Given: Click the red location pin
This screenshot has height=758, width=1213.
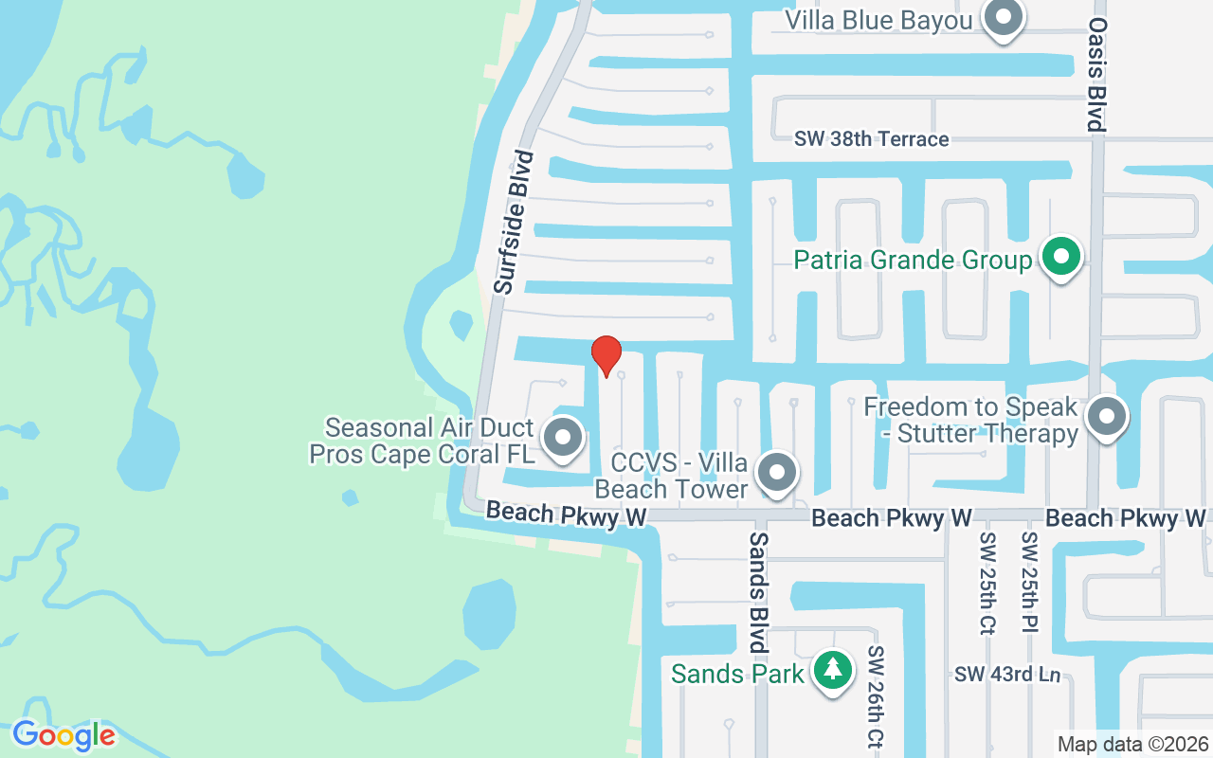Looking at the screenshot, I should tap(606, 355).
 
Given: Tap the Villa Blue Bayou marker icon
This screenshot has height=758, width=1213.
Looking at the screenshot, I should tap(1002, 18).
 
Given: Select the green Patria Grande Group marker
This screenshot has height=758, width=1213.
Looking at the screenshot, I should tap(1062, 257).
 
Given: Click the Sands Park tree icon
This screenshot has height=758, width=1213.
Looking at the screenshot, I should tap(833, 670).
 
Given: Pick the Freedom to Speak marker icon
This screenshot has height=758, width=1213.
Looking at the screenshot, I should tap(1106, 417).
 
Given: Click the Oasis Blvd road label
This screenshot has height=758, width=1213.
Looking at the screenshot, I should tap(1097, 74).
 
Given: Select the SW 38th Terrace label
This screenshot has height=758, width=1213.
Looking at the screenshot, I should tap(871, 139).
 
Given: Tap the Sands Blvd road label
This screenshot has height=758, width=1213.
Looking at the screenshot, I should tap(758, 591).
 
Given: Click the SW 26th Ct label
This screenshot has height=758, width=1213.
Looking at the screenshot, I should tap(875, 697).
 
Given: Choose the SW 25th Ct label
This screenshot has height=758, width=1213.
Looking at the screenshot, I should tap(987, 582).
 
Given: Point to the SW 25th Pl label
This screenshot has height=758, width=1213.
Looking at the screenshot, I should tap(1029, 582).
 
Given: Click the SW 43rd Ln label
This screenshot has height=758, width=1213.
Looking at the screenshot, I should tap(1006, 675).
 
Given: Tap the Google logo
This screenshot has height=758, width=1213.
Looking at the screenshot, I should tap(63, 735).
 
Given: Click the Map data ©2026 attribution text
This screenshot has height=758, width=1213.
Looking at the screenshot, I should tap(1132, 745).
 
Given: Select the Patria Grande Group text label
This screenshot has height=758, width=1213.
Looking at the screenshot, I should tap(912, 260).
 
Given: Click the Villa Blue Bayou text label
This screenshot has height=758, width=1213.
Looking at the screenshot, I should tap(879, 20).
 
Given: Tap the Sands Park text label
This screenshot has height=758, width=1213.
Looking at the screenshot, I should tap(737, 674).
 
